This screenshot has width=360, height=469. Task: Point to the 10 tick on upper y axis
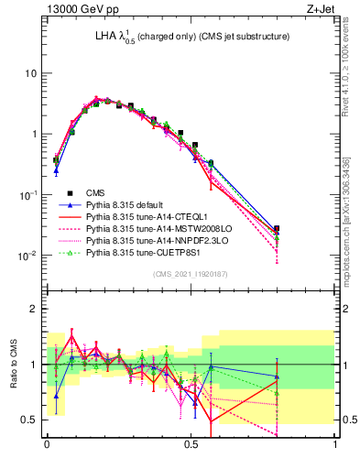32,73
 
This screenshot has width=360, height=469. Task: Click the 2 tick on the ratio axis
36,310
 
